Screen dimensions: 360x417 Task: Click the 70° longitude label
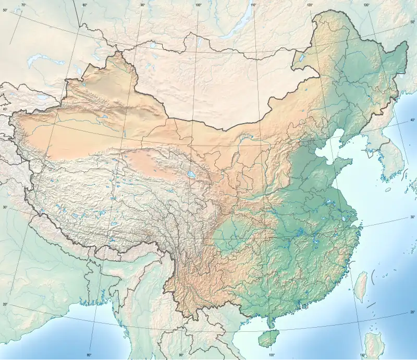pyautogui.click(x=23, y=5)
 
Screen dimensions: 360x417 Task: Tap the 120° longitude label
pyautogui.click(x=310, y=5)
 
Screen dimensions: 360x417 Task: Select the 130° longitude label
pyautogui.click(x=366, y=5)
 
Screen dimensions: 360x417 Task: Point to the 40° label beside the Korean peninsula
pyautogui.click(x=412, y=121)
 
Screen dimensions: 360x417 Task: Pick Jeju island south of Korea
pyautogui.click(x=387, y=190)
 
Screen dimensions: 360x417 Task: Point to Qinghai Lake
pyautogui.click(x=191, y=175)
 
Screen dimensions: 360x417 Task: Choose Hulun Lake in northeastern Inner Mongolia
pyautogui.click(x=301, y=56)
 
